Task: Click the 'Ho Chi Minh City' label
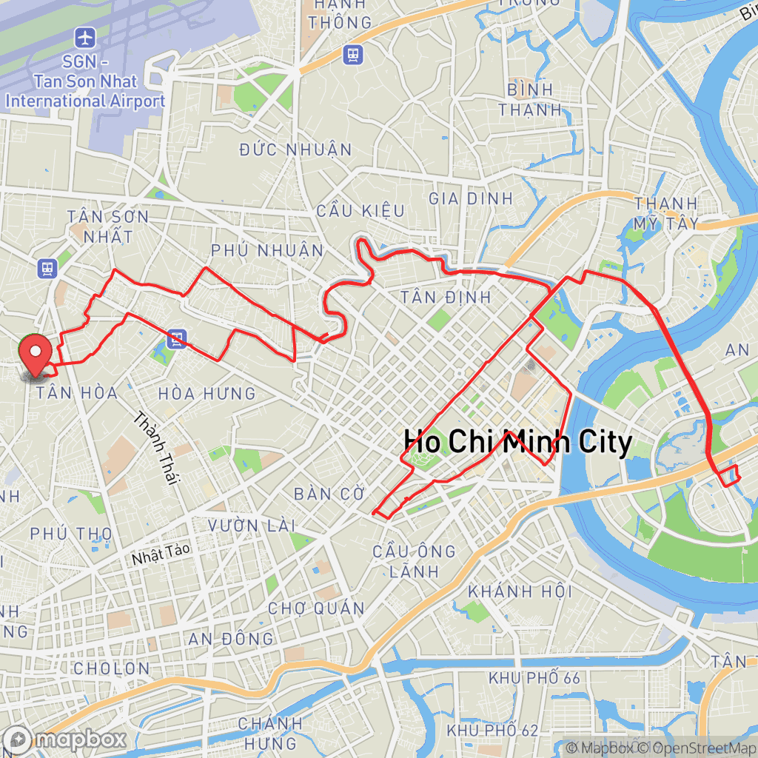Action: [517, 443]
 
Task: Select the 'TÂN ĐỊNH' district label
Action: [446, 298]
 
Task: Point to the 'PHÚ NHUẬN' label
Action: [267, 250]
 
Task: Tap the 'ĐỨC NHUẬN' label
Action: [296, 150]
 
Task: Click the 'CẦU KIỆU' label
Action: [360, 212]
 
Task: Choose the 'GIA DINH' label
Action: [471, 198]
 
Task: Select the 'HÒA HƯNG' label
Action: [207, 394]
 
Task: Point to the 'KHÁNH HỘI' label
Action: [520, 591]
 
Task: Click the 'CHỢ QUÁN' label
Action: [316, 608]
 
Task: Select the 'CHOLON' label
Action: [112, 668]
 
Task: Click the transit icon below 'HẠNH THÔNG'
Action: [352, 53]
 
